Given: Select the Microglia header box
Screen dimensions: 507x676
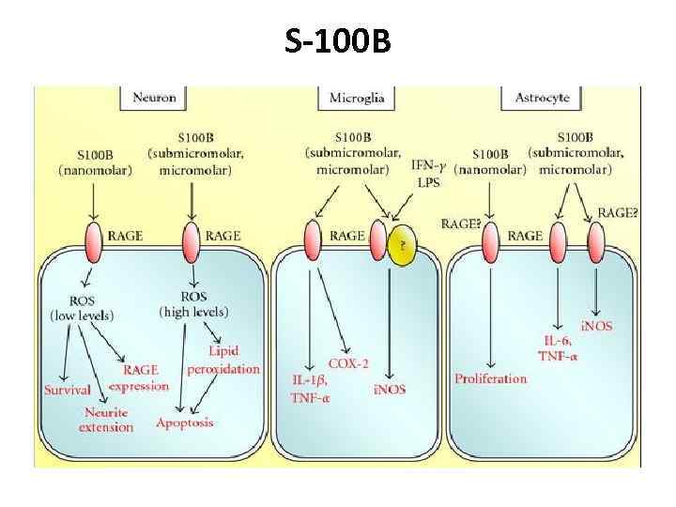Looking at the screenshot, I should (357, 97).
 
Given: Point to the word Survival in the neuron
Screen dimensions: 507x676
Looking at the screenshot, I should (67, 390).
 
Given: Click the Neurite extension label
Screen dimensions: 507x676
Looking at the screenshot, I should (109, 420).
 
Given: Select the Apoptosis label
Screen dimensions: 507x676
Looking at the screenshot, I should (185, 422).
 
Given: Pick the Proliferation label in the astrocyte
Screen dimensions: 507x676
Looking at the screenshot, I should (490, 378).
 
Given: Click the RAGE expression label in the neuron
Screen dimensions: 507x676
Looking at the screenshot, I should (139, 379).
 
